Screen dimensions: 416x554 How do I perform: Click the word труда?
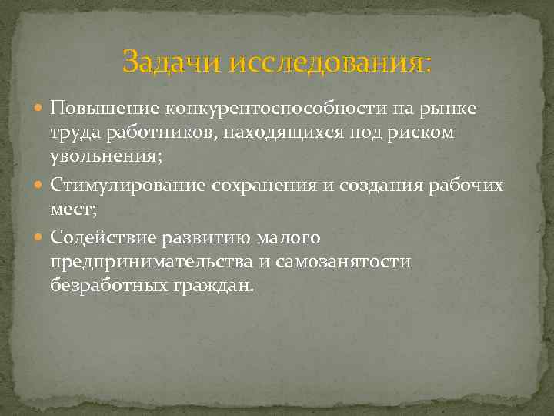coord(73,133)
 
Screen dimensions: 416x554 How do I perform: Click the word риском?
coord(422,133)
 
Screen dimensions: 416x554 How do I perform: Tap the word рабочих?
coord(467,186)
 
